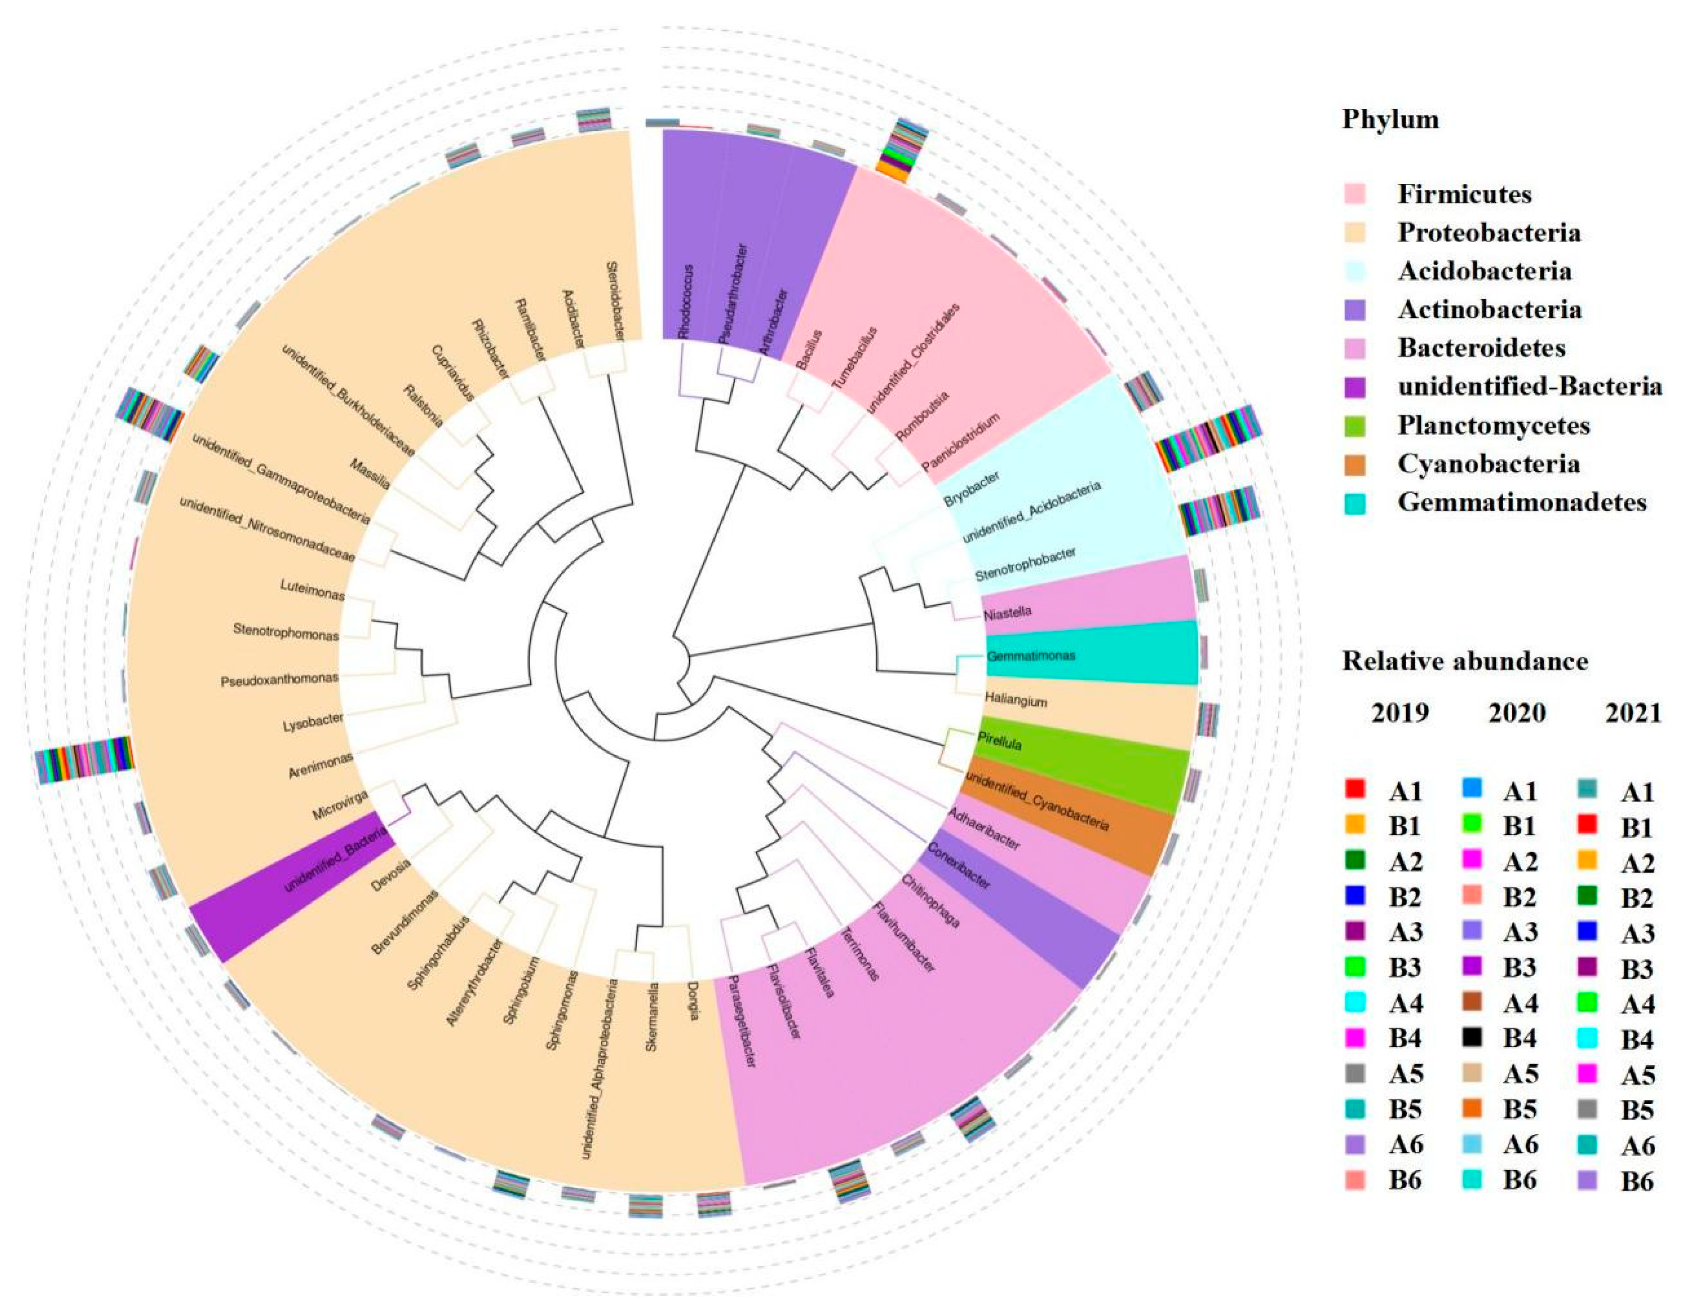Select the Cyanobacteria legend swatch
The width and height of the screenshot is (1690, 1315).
point(1355,464)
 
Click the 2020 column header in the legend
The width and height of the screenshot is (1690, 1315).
point(1517,713)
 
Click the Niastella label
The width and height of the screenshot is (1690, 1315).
point(1008,613)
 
